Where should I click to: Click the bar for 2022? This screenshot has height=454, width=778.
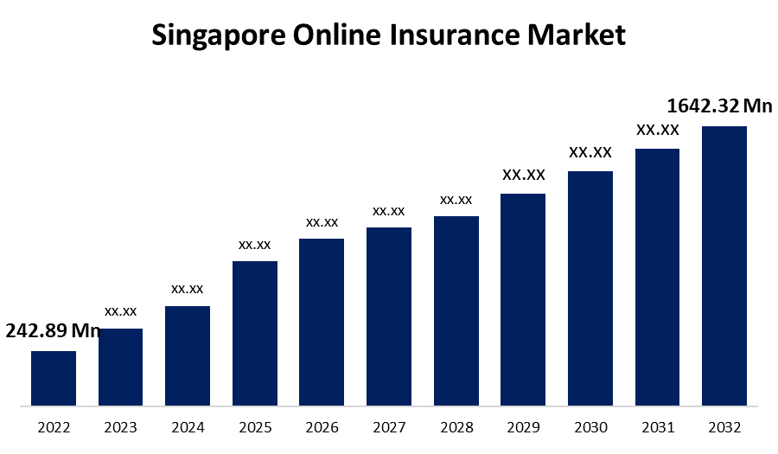tap(54, 378)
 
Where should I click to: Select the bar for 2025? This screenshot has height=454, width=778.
tap(255, 333)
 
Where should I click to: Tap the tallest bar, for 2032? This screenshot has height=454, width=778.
tap(724, 265)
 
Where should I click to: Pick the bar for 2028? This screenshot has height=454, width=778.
tap(456, 310)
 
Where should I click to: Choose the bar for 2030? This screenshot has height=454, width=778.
tap(590, 288)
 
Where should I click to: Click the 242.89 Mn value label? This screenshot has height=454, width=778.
tap(54, 331)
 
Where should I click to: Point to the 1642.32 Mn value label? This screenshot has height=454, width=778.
tap(719, 106)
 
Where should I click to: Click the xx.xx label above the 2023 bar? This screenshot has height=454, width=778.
tap(121, 310)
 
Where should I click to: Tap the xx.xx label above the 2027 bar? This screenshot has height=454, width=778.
tap(389, 210)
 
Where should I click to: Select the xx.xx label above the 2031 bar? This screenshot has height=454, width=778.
tap(658, 130)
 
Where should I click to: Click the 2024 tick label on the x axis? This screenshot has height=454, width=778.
tap(188, 427)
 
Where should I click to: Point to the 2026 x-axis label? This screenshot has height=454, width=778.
tap(322, 427)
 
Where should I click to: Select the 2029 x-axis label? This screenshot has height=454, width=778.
tap(523, 427)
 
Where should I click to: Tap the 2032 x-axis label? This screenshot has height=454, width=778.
tap(724, 427)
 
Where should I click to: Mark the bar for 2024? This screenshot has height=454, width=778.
tap(188, 355)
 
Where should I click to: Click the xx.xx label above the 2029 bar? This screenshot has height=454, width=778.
tap(524, 175)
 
